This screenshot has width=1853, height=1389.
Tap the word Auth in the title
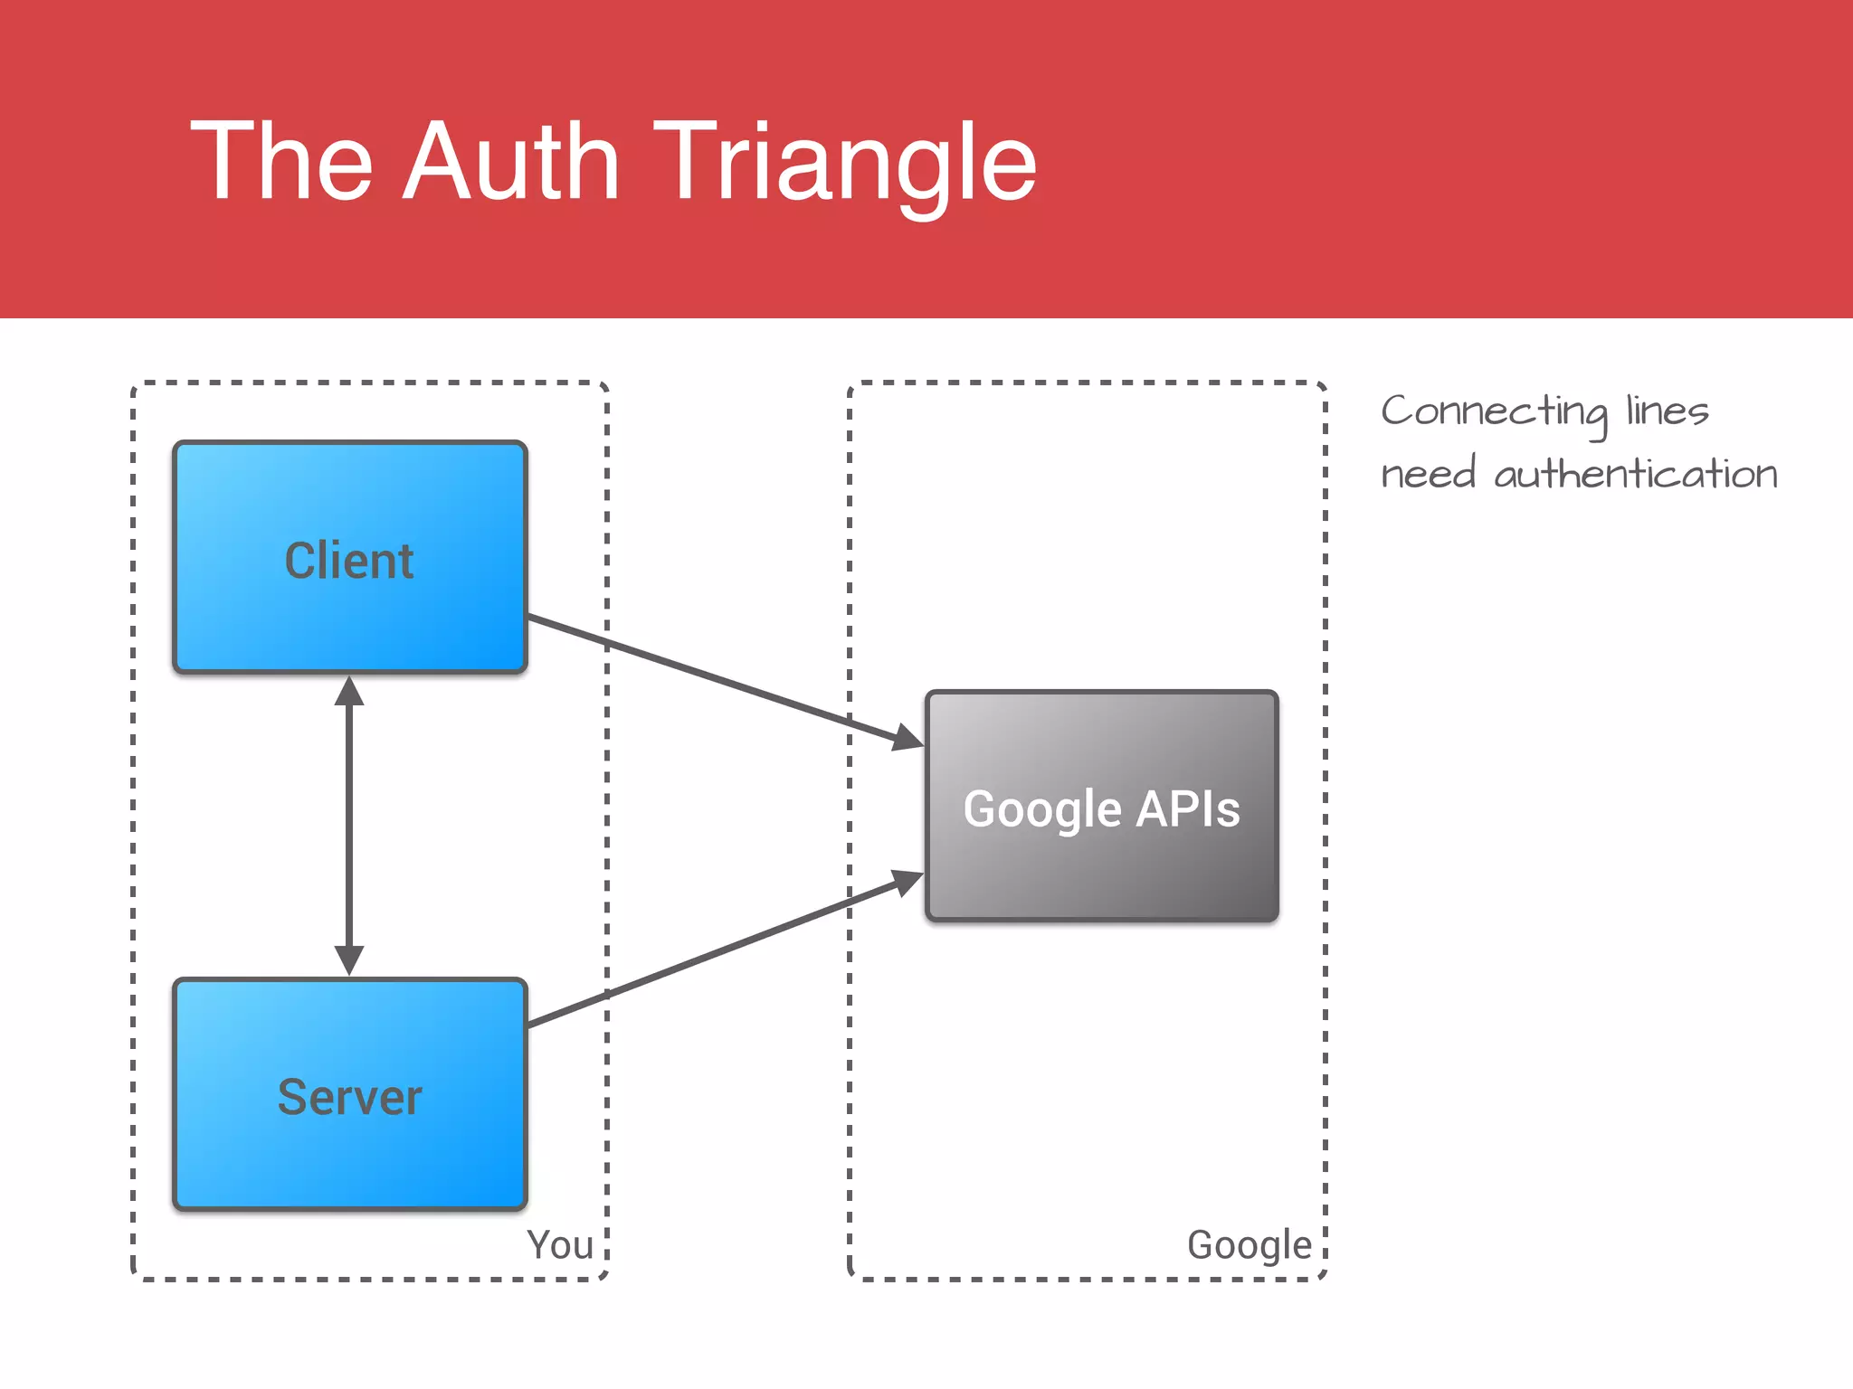[511, 163]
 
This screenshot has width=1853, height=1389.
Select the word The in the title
[281, 163]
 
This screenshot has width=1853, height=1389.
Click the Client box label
[349, 561]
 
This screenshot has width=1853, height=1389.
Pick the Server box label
[349, 1098]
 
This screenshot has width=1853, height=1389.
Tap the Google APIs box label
[1101, 808]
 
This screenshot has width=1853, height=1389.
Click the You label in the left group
[560, 1245]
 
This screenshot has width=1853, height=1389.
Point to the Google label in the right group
[1250, 1245]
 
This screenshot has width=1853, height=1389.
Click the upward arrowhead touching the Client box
[349, 692]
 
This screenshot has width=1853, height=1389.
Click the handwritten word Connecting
[1494, 411]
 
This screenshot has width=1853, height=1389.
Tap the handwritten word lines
[1667, 411]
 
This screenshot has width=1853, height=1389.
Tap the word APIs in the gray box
[1187, 808]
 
